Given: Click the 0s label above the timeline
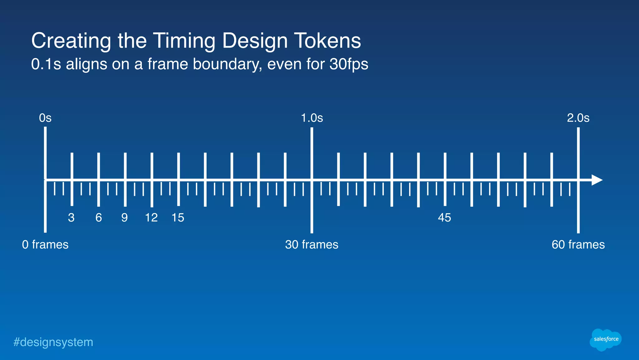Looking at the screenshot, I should [45, 118].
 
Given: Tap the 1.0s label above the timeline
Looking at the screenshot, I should [312, 118].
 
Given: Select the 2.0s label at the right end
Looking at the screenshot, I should [578, 118].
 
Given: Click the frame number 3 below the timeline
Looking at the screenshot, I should [71, 218].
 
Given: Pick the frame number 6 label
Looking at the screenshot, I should [99, 218].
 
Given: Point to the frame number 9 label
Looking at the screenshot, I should [124, 218].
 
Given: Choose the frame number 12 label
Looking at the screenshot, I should [151, 218].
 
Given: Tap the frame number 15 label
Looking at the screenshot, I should [178, 218].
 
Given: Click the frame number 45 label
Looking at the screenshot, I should [444, 218].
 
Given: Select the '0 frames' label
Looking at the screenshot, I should [45, 244].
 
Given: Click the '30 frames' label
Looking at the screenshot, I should [312, 244].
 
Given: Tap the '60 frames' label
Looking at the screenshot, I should [578, 244].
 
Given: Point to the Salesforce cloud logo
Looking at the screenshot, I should [606, 339].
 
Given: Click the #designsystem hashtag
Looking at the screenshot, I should [53, 342].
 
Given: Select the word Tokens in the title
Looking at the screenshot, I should [327, 41].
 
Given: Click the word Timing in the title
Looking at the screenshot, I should [184, 41].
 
